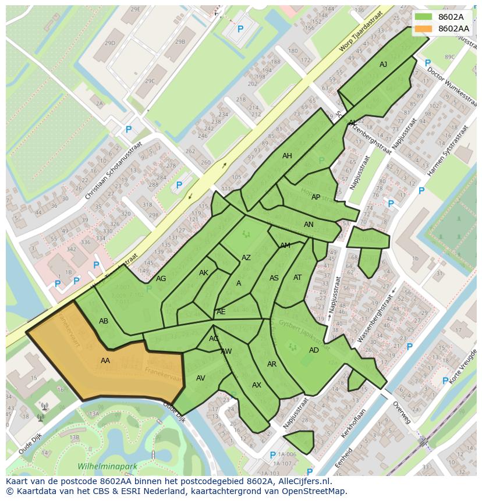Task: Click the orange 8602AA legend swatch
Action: [424, 29]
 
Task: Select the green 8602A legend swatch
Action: [424, 17]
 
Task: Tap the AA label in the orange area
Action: [105, 361]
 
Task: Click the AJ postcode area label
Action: [383, 65]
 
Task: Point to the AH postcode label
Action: [287, 156]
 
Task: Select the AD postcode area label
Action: [314, 350]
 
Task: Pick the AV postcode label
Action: [201, 378]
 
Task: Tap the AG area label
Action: [161, 279]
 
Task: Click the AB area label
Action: [104, 321]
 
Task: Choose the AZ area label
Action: [246, 258]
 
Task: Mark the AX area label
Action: [257, 385]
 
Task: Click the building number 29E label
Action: [135, 9]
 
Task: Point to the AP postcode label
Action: [316, 197]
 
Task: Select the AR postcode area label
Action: [272, 364]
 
